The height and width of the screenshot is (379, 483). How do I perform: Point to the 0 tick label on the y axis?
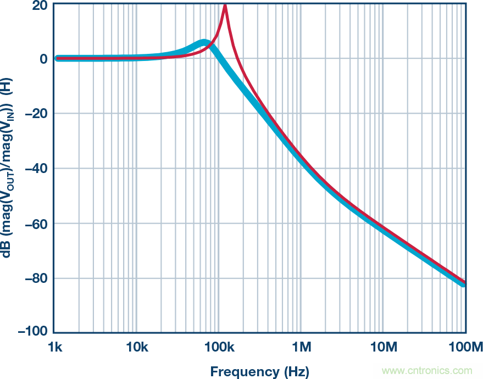pyautogui.click(x=43, y=59)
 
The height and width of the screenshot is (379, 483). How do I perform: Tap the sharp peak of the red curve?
pyautogui.click(x=225, y=5)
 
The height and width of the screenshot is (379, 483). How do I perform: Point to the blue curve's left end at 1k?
pyautogui.click(x=58, y=58)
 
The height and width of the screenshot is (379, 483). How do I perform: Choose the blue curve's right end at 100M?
pyautogui.click(x=464, y=283)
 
